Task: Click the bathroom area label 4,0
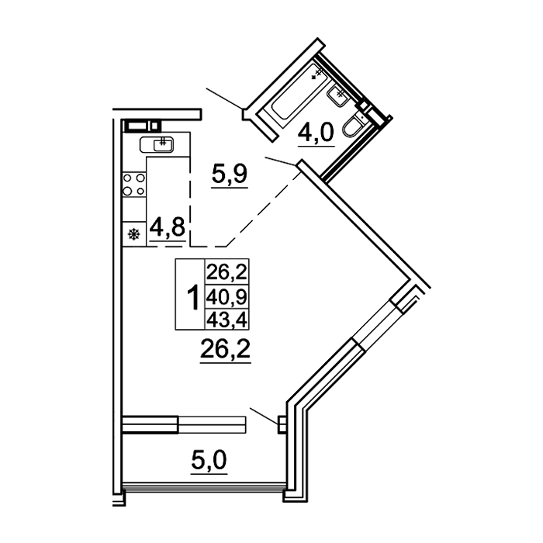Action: point(316,133)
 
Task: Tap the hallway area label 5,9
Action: point(230,175)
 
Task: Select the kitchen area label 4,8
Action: point(168,227)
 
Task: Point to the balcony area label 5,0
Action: point(209,460)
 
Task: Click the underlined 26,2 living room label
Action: point(225,349)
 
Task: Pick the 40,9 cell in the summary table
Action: point(227,297)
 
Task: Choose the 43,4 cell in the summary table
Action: point(227,320)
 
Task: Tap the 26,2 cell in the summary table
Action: point(227,272)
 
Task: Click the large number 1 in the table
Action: point(192,297)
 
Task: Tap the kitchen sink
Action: point(157,144)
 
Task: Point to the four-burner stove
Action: point(133,185)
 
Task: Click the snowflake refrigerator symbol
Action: point(134,234)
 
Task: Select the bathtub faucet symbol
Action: point(317,74)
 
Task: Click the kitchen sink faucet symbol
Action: point(163,141)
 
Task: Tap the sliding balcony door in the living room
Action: point(184,424)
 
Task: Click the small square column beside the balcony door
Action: point(282,424)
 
